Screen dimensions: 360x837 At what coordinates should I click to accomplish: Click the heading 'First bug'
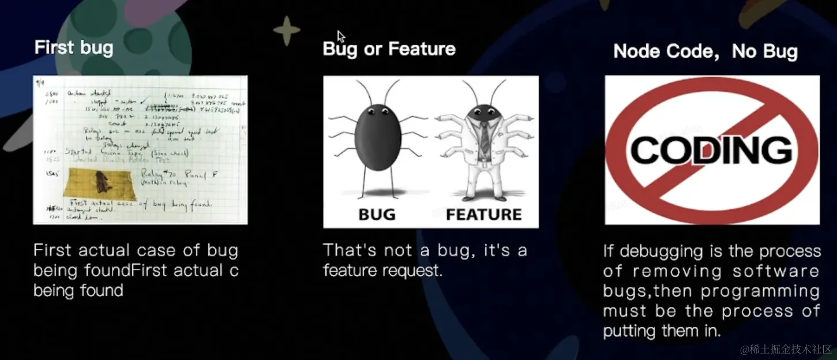click(74, 47)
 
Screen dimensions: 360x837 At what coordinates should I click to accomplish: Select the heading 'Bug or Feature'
click(389, 49)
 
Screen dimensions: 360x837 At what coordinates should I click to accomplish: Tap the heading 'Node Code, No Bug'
click(705, 51)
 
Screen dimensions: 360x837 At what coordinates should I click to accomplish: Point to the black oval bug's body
click(377, 138)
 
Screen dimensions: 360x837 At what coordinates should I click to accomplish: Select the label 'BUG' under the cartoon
click(377, 215)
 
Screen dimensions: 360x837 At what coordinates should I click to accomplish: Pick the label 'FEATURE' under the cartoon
click(483, 215)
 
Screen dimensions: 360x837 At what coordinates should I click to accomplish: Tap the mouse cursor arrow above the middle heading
click(341, 36)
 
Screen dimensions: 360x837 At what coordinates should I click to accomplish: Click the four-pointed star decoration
click(287, 31)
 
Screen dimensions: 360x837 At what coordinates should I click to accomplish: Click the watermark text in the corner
click(787, 350)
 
